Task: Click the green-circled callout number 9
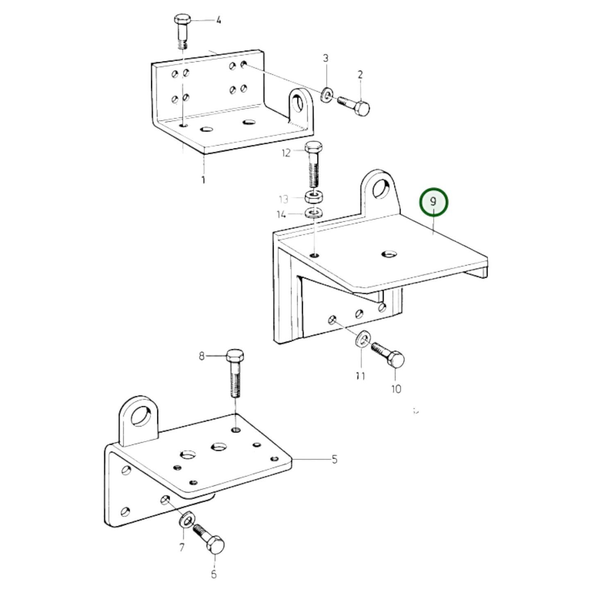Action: [x=433, y=202]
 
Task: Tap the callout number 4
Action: [x=218, y=20]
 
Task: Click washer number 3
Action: [x=327, y=94]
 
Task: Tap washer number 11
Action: [x=363, y=338]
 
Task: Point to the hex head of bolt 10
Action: [x=396, y=359]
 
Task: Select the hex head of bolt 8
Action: [x=235, y=356]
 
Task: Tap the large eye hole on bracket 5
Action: [x=141, y=416]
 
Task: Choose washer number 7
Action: [x=187, y=519]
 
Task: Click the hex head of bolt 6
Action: [x=215, y=545]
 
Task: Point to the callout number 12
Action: [x=286, y=153]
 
